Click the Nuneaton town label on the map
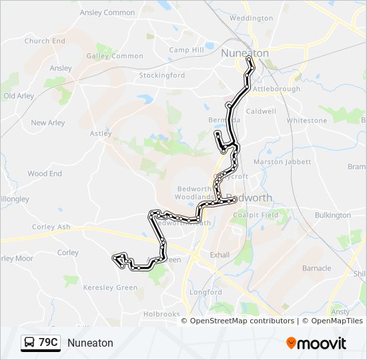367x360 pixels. click(244, 53)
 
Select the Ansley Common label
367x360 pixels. click(107, 13)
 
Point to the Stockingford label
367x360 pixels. click(161, 75)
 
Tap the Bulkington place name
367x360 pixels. click(332, 215)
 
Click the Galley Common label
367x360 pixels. click(115, 56)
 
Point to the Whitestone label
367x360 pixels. click(307, 121)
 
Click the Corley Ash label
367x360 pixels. click(51, 227)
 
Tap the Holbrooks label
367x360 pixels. click(161, 314)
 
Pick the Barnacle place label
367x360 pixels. click(316, 268)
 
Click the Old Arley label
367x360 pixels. click(19, 96)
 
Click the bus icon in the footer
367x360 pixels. click(29, 343)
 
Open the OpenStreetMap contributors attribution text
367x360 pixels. click(242, 321)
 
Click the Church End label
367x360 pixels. click(45, 41)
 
